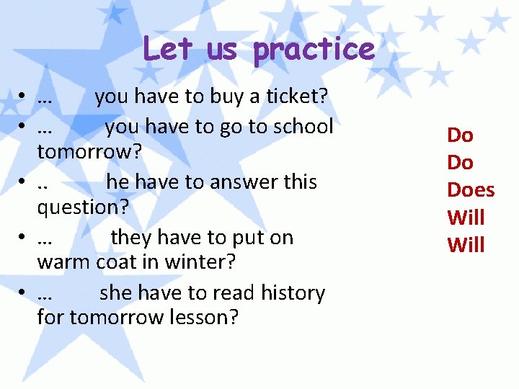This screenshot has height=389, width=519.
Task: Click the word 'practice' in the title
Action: point(314,50)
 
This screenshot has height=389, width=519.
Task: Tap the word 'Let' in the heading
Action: point(161,49)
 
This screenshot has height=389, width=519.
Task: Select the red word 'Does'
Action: point(471,190)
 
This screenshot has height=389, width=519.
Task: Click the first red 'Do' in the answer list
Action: point(460,135)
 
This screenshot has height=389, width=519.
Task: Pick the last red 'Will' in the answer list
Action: point(466,246)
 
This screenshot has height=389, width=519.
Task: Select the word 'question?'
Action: point(83,208)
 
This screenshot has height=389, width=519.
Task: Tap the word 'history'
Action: point(293,293)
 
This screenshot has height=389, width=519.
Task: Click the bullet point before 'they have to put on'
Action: point(24,238)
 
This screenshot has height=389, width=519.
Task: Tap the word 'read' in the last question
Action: point(234,293)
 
